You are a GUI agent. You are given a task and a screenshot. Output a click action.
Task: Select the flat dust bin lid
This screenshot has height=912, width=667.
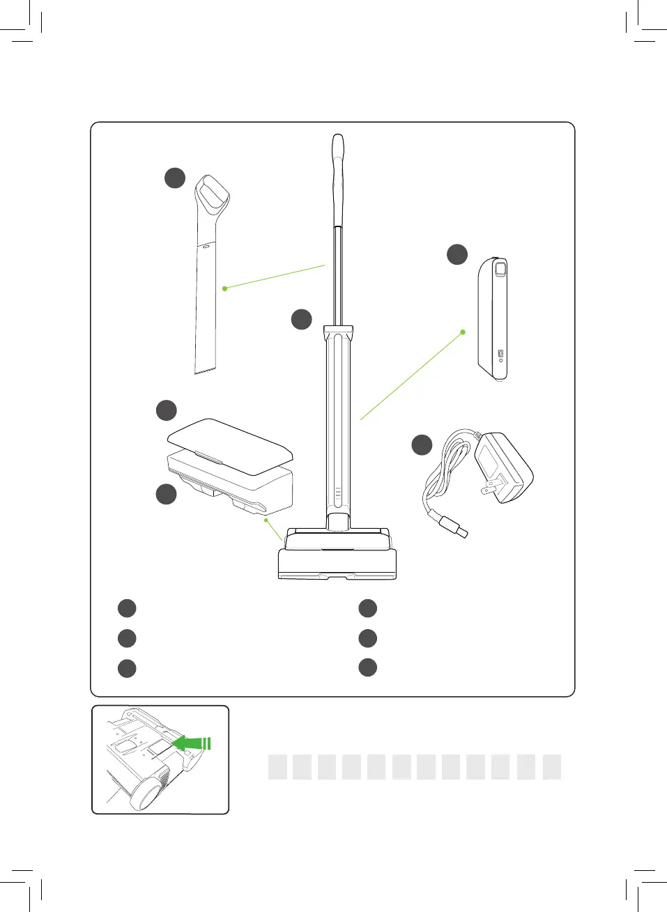[x=230, y=442]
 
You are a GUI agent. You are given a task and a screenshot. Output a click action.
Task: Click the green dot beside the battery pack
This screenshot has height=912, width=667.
[x=463, y=332]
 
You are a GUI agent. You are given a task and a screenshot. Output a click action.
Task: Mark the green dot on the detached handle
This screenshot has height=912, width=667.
[x=224, y=288]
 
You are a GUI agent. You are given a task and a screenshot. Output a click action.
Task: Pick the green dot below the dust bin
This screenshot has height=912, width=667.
[x=266, y=520]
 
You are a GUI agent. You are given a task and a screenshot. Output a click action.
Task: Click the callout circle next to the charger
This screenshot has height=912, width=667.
[x=422, y=445]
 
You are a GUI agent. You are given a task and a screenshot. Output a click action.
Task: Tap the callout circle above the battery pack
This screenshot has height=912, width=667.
[x=457, y=254]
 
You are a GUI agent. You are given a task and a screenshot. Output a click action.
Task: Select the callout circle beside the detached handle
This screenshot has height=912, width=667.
[x=175, y=178]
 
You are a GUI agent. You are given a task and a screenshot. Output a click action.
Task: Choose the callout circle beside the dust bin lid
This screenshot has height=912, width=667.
[x=166, y=410]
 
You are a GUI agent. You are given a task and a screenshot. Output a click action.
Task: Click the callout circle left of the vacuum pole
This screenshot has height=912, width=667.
[x=301, y=319]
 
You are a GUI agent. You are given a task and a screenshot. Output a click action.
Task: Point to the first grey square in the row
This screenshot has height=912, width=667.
[x=277, y=766]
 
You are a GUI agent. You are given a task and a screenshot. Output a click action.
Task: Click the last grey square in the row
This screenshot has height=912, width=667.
[x=552, y=766]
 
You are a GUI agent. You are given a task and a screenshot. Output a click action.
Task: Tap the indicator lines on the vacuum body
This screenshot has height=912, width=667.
[x=338, y=495]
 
